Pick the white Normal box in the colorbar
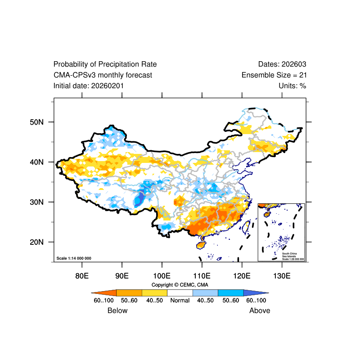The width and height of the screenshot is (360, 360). [180, 292]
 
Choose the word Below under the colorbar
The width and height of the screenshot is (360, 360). [117, 310]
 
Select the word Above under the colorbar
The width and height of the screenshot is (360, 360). [260, 310]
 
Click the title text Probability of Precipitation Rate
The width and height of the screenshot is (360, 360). [105, 64]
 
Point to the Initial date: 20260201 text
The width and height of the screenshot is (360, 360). [89, 85]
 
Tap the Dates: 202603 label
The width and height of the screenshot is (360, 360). [282, 64]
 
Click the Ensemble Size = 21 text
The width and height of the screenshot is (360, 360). [274, 75]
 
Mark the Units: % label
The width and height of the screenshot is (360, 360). [292, 85]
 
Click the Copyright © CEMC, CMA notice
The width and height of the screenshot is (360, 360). [180, 285]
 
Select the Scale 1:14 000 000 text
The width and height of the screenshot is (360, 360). [74, 258]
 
